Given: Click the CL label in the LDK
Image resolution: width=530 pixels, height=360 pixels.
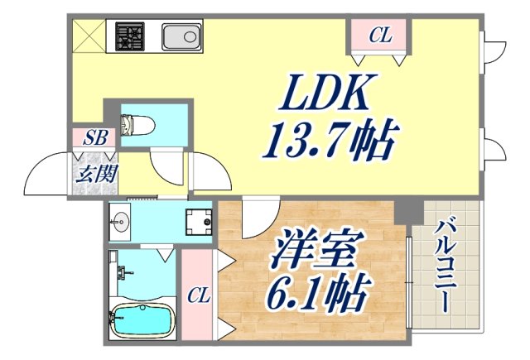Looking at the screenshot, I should pyautogui.click(x=379, y=36).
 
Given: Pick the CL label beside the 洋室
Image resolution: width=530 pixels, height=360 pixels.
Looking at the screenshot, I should pyautogui.click(x=197, y=294).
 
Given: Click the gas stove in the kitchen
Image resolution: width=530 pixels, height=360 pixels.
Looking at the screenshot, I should pyautogui.click(x=130, y=36).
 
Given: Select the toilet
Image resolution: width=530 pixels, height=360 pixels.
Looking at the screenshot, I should pyautogui.click(x=135, y=126).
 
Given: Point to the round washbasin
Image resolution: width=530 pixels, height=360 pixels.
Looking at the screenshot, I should pyautogui.click(x=121, y=222).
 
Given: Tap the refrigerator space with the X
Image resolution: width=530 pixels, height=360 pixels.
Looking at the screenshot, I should pyautogui.click(x=85, y=36).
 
